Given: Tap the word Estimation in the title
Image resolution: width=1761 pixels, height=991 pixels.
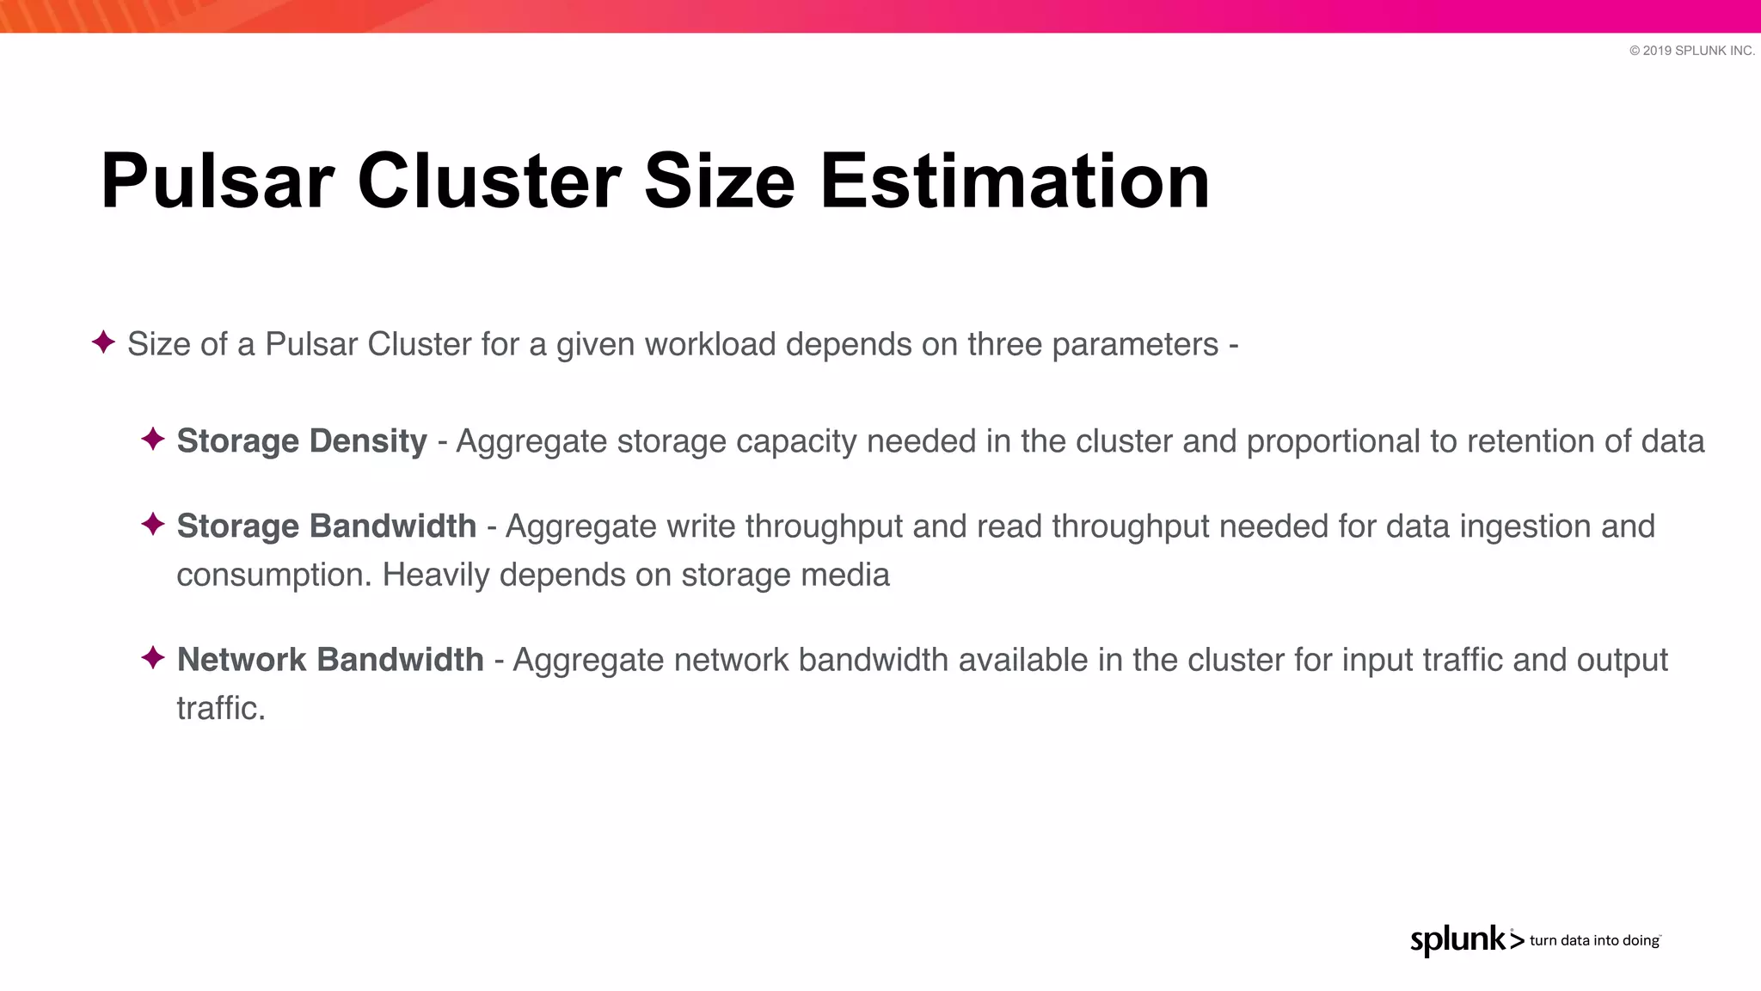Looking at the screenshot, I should [1015, 182].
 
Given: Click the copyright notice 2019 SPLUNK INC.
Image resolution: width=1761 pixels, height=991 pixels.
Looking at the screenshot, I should [1691, 51].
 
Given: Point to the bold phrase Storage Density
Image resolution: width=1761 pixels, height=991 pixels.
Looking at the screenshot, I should [302, 441].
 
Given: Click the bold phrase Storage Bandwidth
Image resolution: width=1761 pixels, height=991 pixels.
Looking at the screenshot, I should [326, 526].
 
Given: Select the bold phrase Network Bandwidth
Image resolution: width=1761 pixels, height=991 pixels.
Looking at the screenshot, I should [330, 660].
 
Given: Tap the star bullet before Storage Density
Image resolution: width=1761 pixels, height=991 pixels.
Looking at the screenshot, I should [153, 439].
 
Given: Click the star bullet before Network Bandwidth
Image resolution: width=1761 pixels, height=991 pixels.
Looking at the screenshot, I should [153, 658].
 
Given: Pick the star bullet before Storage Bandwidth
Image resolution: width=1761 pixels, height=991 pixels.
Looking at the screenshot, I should [153, 524].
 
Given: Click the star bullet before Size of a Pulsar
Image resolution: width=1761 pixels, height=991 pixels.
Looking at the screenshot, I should [103, 342].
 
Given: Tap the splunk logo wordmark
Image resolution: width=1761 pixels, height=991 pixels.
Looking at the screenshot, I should [1458, 939].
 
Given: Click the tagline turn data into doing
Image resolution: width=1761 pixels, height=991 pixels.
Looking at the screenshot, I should [1594, 940].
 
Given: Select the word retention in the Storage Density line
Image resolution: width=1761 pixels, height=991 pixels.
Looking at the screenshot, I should [1531, 441].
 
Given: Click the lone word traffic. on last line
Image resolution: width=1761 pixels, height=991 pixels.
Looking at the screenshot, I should [221, 708].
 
